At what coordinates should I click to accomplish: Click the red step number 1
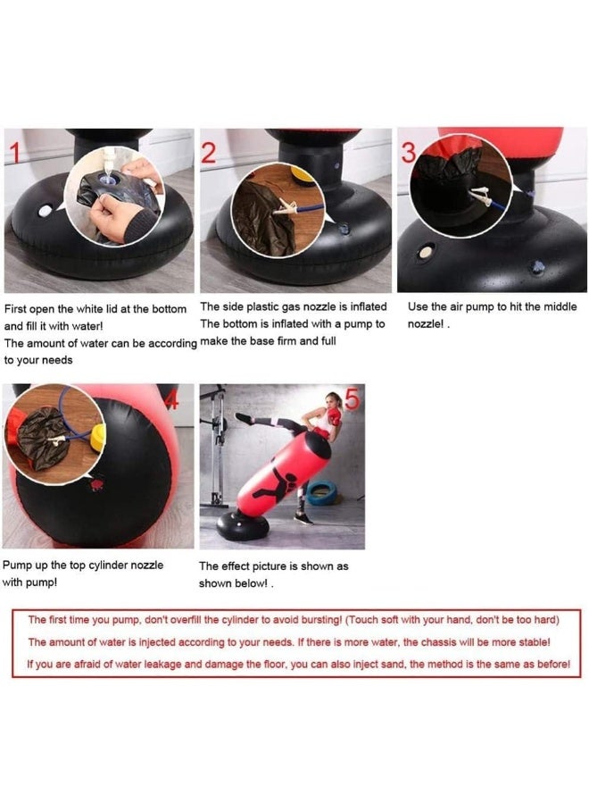pos(15,154)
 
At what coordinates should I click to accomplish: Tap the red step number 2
pos(209,153)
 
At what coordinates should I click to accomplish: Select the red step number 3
pos(409,152)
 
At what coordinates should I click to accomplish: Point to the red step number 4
pos(173,399)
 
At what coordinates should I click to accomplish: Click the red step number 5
pos(353,398)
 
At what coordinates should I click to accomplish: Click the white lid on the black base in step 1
pos(46,211)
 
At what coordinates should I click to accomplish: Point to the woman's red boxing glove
pos(335,417)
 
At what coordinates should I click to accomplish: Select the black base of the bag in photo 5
pos(242,526)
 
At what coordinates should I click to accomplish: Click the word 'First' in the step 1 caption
pos(15,309)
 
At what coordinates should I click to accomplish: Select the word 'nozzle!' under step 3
pos(426,324)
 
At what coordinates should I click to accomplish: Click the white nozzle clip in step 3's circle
pos(480,196)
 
